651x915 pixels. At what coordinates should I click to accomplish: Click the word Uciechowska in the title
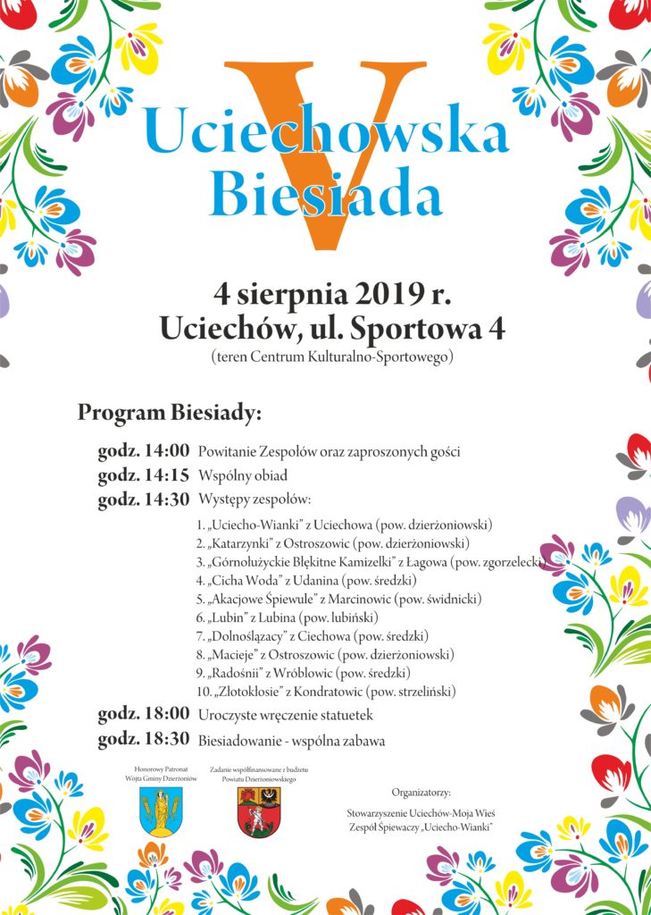click(x=326, y=134)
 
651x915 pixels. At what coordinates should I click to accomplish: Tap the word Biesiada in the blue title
click(x=325, y=192)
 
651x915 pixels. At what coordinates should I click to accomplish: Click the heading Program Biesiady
click(x=170, y=414)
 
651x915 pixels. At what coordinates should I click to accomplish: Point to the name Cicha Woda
click(x=244, y=580)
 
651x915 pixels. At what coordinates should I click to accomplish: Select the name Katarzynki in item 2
click(x=240, y=542)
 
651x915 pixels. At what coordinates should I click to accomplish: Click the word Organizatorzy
click(x=421, y=792)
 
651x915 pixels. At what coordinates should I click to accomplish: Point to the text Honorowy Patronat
click(x=161, y=768)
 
